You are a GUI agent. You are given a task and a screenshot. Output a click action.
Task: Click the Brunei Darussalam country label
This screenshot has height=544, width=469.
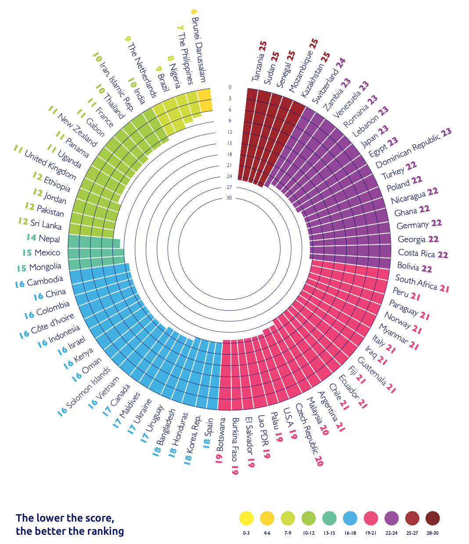199,51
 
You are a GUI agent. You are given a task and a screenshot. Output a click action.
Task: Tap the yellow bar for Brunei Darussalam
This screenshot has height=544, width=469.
205,101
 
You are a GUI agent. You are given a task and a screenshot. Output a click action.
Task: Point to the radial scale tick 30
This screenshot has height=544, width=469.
229,198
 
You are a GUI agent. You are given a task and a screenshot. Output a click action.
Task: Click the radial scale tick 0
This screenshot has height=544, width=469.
230,87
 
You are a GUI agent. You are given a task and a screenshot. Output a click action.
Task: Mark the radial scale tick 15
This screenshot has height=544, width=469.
229,143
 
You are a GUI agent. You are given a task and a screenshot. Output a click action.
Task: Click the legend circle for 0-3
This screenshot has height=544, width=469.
246,519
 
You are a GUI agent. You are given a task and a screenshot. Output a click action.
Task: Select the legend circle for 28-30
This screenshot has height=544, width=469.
433,519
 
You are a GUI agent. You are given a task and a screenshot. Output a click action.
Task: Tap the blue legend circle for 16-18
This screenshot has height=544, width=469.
350,519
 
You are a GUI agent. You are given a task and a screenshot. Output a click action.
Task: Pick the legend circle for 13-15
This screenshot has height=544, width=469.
329,519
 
